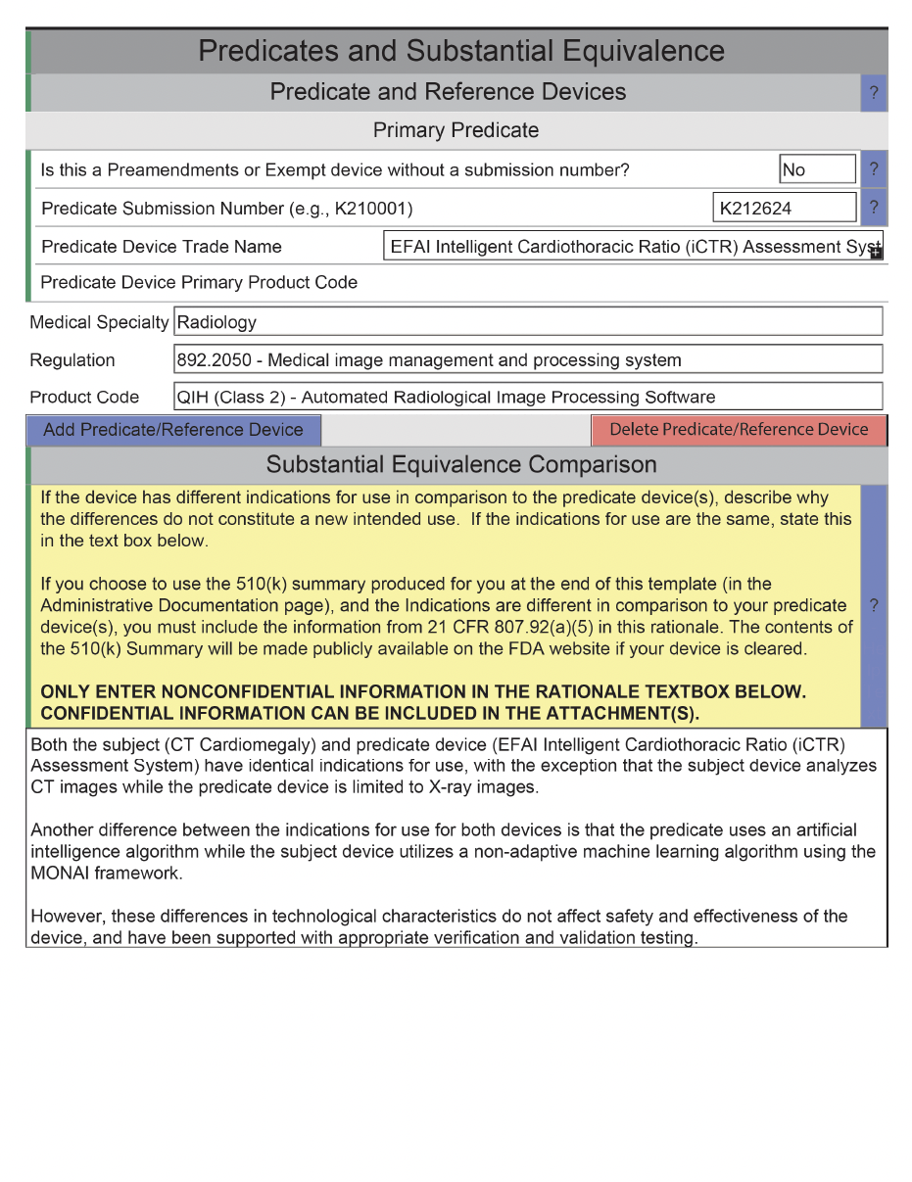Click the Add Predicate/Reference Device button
click(173, 430)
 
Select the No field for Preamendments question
click(817, 169)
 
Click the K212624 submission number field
click(784, 208)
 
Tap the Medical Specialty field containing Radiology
click(528, 322)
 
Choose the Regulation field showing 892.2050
click(528, 359)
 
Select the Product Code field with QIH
click(528, 397)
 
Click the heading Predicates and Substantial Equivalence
click(461, 51)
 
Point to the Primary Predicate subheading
click(456, 130)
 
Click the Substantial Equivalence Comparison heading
click(461, 463)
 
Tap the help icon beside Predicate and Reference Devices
click(874, 93)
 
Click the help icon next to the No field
click(874, 169)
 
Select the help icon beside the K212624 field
click(874, 208)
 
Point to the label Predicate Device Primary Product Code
click(199, 283)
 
